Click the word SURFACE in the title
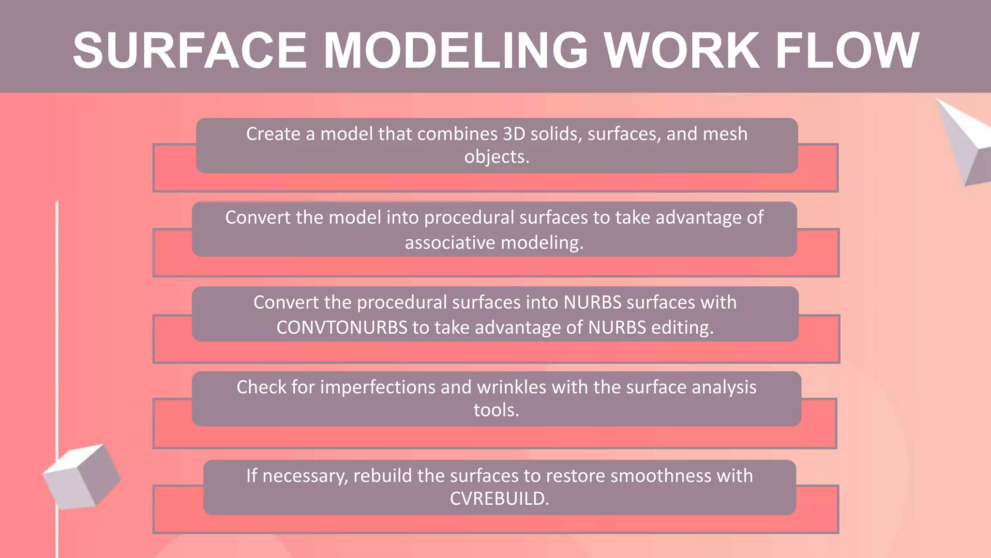pyautogui.click(x=190, y=50)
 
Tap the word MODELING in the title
pyautogui.click(x=455, y=50)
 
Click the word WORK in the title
pyautogui.click(x=682, y=50)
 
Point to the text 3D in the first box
pyautogui.click(x=514, y=134)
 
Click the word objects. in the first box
pyautogui.click(x=496, y=157)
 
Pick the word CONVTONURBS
pyautogui.click(x=342, y=328)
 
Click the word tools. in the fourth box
pyautogui.click(x=496, y=410)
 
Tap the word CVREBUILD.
pyautogui.click(x=499, y=498)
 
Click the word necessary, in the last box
pyautogui.click(x=305, y=476)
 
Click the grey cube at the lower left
pyautogui.click(x=81, y=476)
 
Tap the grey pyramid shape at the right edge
pyautogui.click(x=965, y=140)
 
